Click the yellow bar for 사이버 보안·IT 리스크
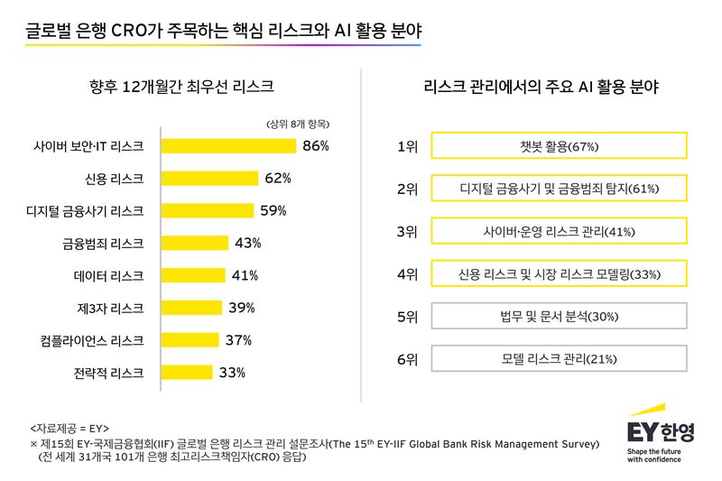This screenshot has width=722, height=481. coord(228,145)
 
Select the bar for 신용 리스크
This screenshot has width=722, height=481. coord(209,178)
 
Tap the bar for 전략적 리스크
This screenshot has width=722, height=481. coord(187,372)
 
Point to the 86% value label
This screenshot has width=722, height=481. coord(316,145)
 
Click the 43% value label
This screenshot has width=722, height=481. coord(247,243)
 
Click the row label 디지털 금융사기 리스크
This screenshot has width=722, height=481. coord(85,210)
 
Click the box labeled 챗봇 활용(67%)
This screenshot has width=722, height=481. coord(560,146)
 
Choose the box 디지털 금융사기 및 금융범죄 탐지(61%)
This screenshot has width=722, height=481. coord(560,189)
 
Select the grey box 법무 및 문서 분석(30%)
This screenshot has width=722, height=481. coord(560,317)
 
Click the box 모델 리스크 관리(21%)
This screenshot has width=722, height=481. coord(560,359)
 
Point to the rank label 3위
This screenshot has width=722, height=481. coord(407,231)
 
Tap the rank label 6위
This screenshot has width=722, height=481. coord(407,359)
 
